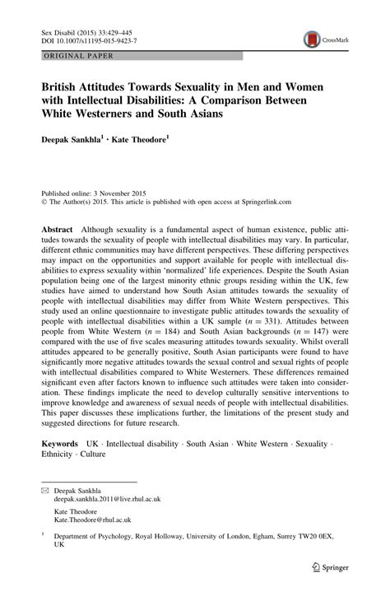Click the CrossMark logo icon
[313, 38]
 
